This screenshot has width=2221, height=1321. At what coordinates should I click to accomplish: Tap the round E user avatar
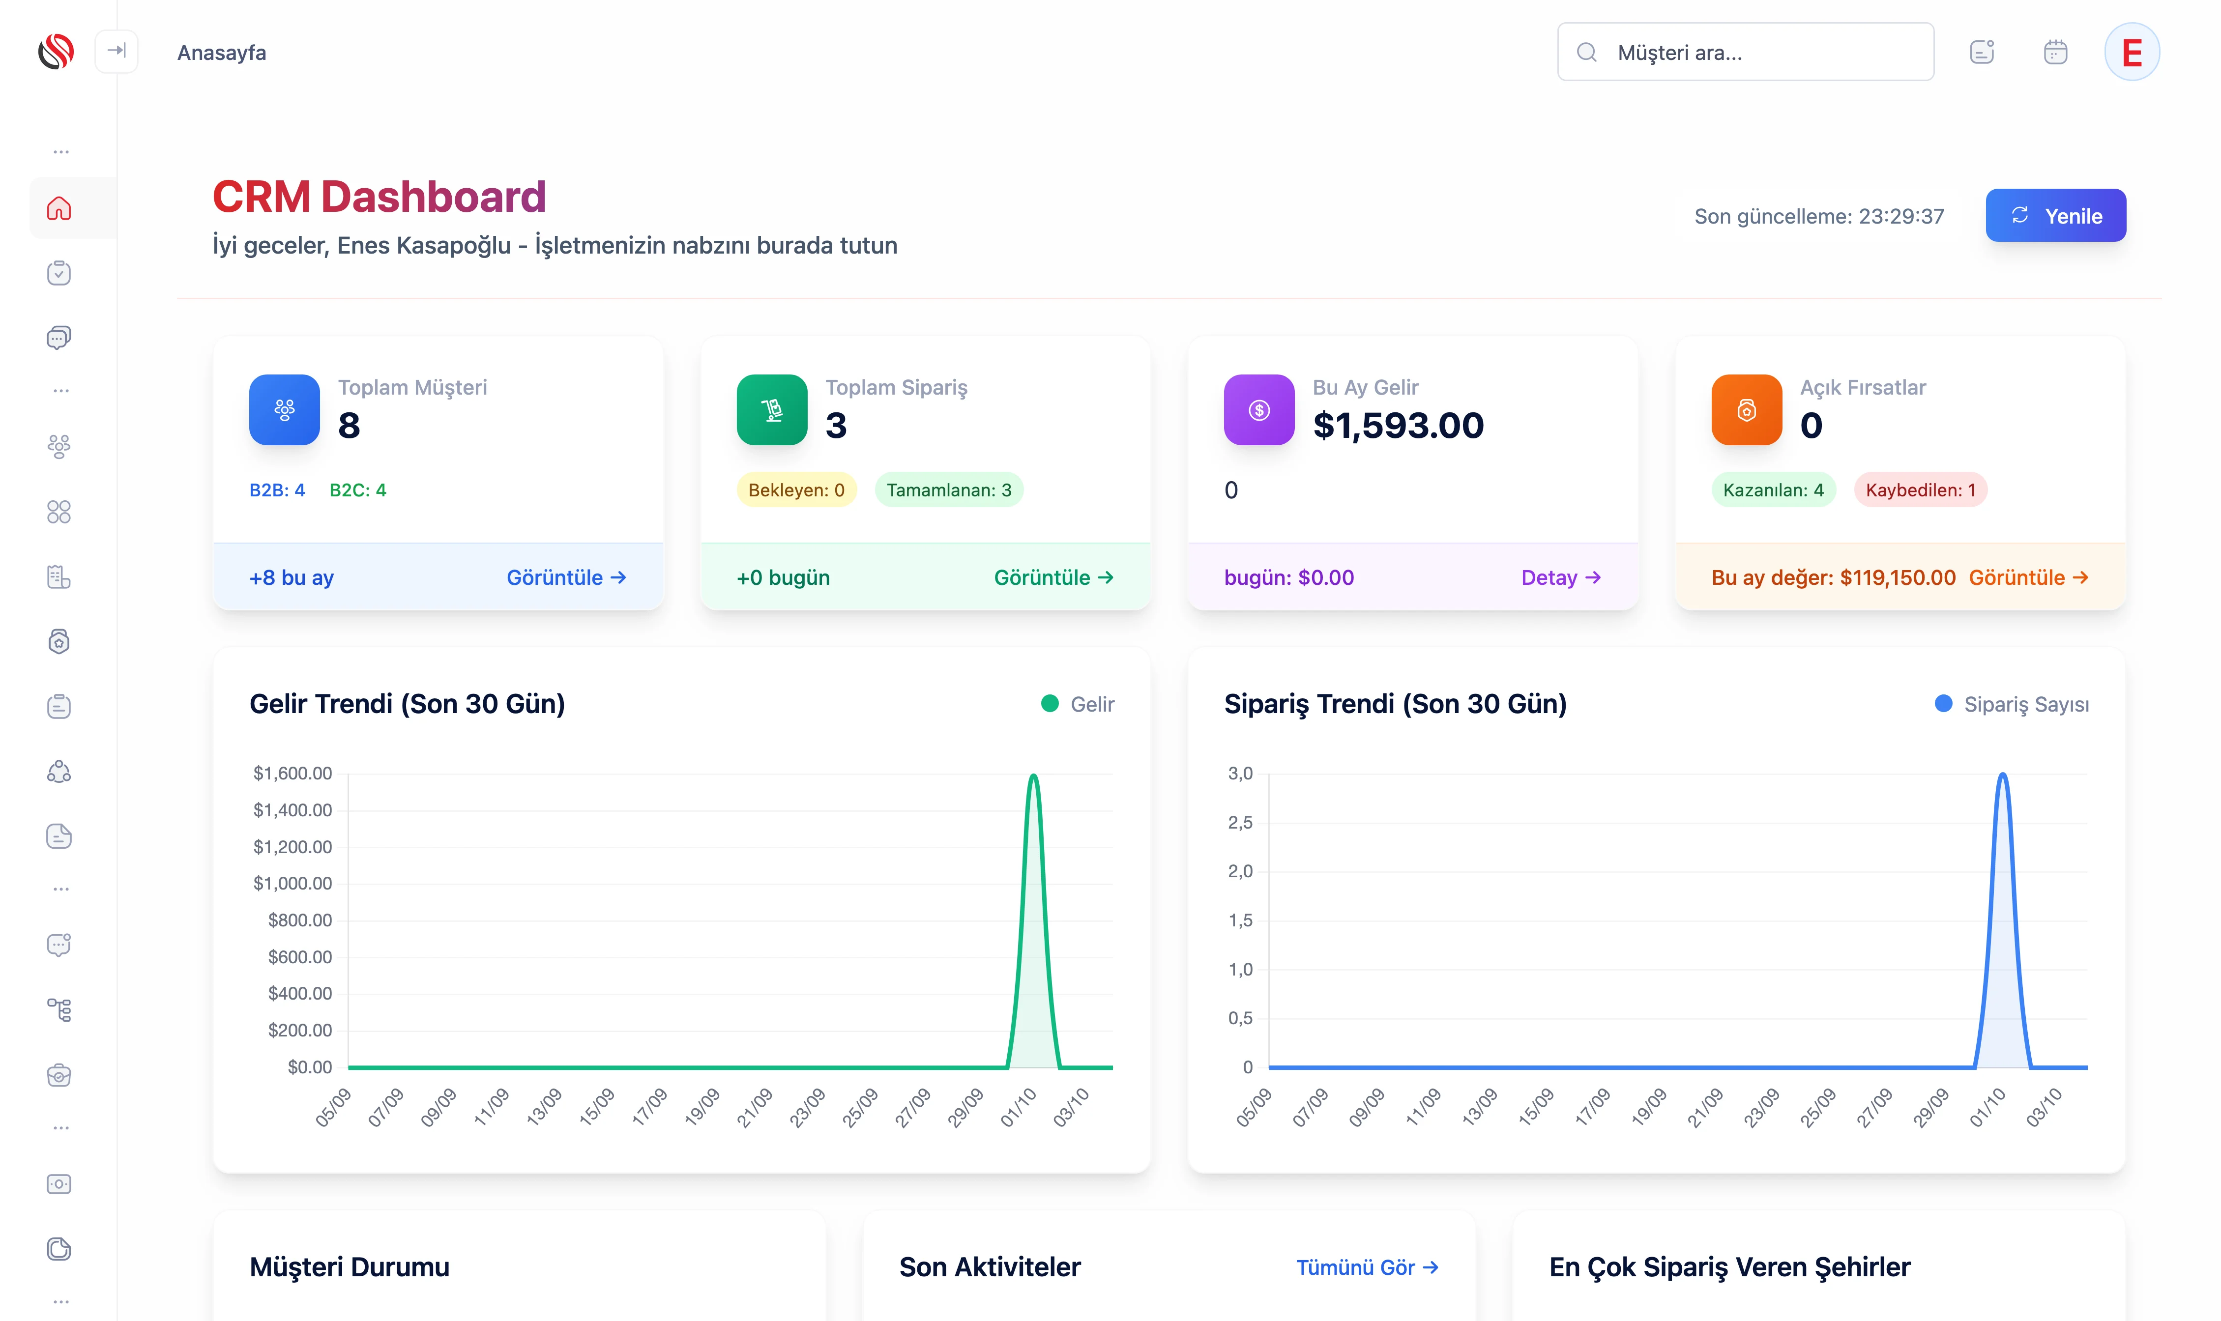(2131, 53)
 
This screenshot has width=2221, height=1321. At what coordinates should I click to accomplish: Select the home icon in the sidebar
(59, 208)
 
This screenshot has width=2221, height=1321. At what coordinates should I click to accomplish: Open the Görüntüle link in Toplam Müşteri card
(566, 578)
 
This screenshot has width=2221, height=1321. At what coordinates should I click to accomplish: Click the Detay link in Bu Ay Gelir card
(1560, 578)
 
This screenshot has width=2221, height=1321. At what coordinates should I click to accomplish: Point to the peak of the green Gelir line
(1033, 775)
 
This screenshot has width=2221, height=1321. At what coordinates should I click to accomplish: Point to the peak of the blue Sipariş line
(2002, 775)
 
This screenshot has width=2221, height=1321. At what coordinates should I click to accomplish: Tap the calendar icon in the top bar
(2054, 53)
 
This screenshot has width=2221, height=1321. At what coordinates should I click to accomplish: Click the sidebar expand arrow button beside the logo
(117, 51)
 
